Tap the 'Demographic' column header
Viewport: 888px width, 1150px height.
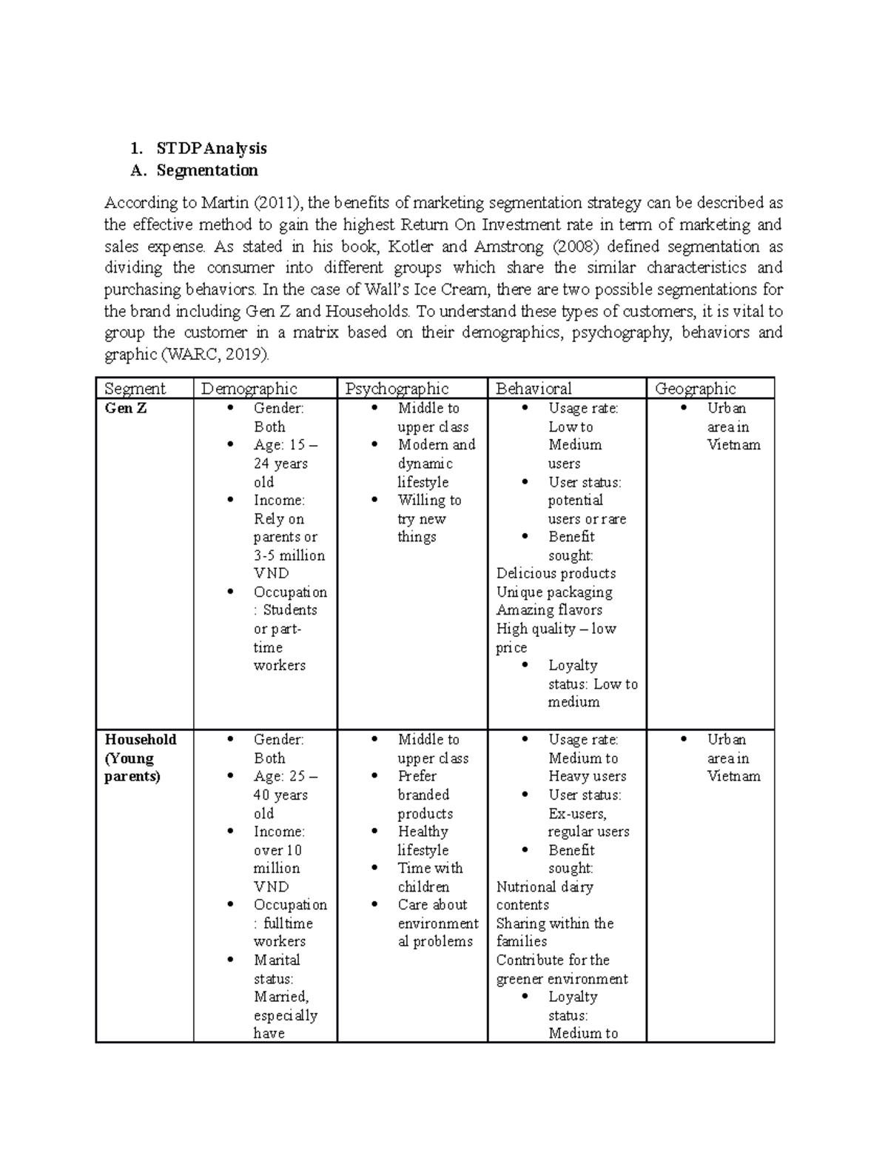249,389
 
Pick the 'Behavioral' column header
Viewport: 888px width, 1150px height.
534,389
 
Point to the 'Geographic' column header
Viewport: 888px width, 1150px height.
695,389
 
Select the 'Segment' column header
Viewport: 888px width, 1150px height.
135,389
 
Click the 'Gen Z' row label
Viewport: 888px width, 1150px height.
126,408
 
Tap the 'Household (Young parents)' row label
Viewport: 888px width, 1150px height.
141,758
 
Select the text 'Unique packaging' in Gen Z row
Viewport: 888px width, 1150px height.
554,592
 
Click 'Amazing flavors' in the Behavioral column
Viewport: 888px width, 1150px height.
549,609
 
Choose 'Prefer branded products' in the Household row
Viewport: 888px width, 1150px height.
424,795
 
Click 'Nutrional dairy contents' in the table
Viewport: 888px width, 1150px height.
544,895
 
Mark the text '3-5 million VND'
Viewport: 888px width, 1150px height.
289,564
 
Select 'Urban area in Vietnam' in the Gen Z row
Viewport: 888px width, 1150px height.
732,427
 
